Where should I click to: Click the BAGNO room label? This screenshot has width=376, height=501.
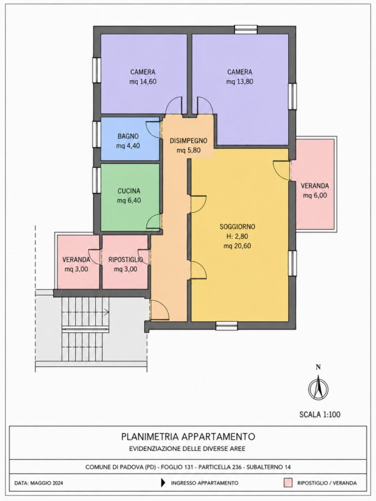(128, 136)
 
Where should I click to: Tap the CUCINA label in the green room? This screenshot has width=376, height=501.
(129, 191)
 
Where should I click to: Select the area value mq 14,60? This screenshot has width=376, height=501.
(143, 81)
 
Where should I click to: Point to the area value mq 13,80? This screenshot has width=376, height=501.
(240, 81)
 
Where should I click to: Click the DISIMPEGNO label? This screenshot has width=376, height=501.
(189, 140)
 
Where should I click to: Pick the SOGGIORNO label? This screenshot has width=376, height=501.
(238, 227)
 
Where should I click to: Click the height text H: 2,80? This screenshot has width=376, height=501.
(238, 237)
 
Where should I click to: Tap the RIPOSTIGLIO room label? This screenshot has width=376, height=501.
(126, 259)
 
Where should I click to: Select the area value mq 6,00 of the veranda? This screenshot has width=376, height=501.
(315, 195)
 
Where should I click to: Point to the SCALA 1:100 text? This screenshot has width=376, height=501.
(320, 415)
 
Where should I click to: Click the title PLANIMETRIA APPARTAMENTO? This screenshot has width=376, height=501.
(188, 436)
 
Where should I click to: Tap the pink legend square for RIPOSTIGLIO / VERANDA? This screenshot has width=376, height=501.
(289, 483)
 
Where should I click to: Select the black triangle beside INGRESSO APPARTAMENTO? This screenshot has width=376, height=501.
(163, 483)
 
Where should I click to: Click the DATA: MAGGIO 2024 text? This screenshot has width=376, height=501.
(39, 483)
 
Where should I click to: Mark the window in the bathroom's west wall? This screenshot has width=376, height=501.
(97, 134)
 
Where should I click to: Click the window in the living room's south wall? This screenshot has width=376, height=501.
(226, 326)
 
